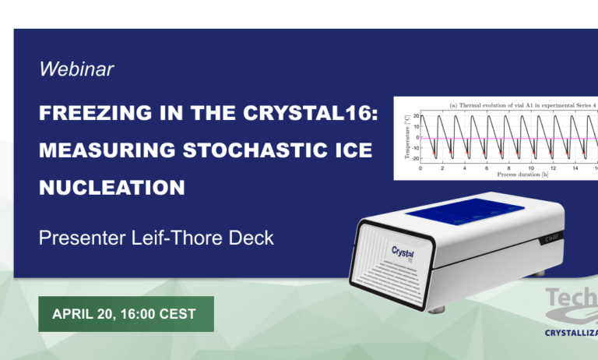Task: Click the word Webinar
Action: pos(76,69)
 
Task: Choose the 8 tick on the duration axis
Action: pos(508,167)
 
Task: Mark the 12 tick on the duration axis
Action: pos(553,167)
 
